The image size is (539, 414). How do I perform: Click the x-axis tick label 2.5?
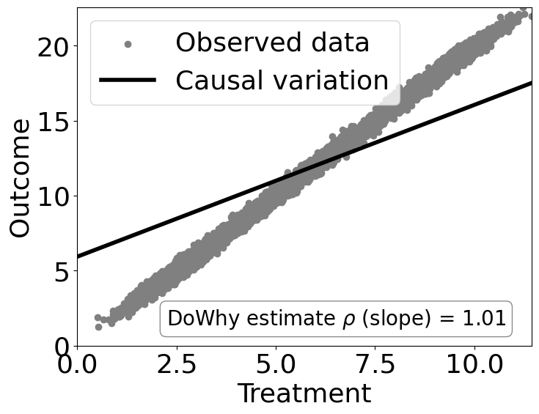(176, 364)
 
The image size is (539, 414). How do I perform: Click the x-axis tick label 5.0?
(276, 364)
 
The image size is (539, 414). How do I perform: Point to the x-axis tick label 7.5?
(375, 364)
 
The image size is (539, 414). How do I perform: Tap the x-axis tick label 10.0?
(474, 364)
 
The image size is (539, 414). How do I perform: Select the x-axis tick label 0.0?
(76, 364)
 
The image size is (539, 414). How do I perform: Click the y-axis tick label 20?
(54, 45)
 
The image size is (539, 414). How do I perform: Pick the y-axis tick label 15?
(54, 121)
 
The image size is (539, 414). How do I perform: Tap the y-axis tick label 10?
(54, 196)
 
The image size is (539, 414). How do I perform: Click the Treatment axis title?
(304, 394)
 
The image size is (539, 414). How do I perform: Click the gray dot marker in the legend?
(128, 45)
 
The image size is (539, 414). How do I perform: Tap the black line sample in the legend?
(128, 80)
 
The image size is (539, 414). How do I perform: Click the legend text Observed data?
(272, 43)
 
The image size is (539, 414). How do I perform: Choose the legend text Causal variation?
(282, 80)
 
